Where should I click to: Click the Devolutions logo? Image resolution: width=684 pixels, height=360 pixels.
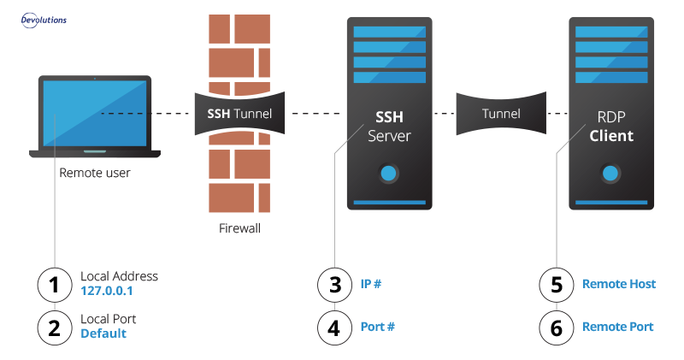point(44,19)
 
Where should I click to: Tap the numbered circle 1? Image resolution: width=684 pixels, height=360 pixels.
point(55,284)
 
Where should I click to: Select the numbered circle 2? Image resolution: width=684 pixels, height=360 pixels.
point(55,326)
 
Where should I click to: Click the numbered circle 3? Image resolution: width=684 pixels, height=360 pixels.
point(334,284)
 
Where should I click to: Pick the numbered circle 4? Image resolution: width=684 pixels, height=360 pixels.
point(334,326)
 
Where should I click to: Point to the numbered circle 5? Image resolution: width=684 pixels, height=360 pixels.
point(557,284)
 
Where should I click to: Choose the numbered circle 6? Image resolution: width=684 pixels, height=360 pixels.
point(557,326)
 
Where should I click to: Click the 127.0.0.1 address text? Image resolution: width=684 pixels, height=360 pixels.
point(107,292)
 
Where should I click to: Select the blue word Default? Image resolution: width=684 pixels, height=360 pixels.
point(103,333)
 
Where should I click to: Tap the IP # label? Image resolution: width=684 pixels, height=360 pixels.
point(370,284)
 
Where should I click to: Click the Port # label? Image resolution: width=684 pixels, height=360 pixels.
point(377,327)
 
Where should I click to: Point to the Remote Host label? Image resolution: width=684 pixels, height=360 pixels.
point(619,284)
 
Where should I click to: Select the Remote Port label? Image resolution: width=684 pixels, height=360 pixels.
point(617,327)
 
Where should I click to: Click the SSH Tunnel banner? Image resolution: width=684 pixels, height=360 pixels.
point(239,113)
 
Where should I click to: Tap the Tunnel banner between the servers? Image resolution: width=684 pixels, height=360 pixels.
point(500,113)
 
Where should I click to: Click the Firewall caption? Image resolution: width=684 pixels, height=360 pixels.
point(239,228)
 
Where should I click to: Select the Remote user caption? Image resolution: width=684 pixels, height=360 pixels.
point(94,174)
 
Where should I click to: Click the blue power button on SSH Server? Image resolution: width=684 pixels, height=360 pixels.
point(388,173)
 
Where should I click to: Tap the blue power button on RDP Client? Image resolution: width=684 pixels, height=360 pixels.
point(610,173)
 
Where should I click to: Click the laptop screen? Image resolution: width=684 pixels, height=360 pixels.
point(94,114)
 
